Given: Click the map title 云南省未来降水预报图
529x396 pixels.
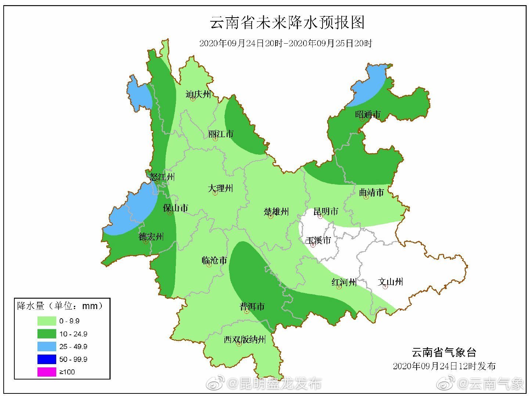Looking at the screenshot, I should [x=287, y=23].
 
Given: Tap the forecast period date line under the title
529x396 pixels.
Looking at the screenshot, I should [x=285, y=43].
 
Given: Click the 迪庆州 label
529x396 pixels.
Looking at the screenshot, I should [x=198, y=94].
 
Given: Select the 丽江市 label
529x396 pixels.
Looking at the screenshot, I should [x=221, y=134].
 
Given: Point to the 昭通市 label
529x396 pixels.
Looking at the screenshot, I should [x=368, y=114].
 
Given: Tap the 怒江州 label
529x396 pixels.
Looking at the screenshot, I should [x=162, y=177].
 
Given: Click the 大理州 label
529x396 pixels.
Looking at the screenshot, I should [x=220, y=188].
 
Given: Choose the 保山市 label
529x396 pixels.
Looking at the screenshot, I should [x=176, y=208].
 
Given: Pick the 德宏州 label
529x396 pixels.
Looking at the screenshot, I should [x=151, y=236].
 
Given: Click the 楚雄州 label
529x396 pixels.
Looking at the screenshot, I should [x=276, y=212].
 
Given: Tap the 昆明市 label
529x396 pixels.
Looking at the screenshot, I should [x=326, y=211].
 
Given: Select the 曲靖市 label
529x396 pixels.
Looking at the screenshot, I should [x=371, y=192].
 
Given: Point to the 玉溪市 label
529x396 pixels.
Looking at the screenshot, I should [x=319, y=240].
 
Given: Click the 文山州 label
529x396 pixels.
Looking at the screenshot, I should [x=391, y=282].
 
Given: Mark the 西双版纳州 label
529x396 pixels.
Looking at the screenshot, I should [x=245, y=339].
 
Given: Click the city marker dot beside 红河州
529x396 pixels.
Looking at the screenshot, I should [x=339, y=287].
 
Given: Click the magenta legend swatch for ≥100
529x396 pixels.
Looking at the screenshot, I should [x=47, y=372].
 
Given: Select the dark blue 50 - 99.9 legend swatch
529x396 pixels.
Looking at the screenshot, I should [x=47, y=359].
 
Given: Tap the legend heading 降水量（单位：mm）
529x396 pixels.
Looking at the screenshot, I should [x=61, y=306].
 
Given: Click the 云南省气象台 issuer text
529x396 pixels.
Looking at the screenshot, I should [x=444, y=352].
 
